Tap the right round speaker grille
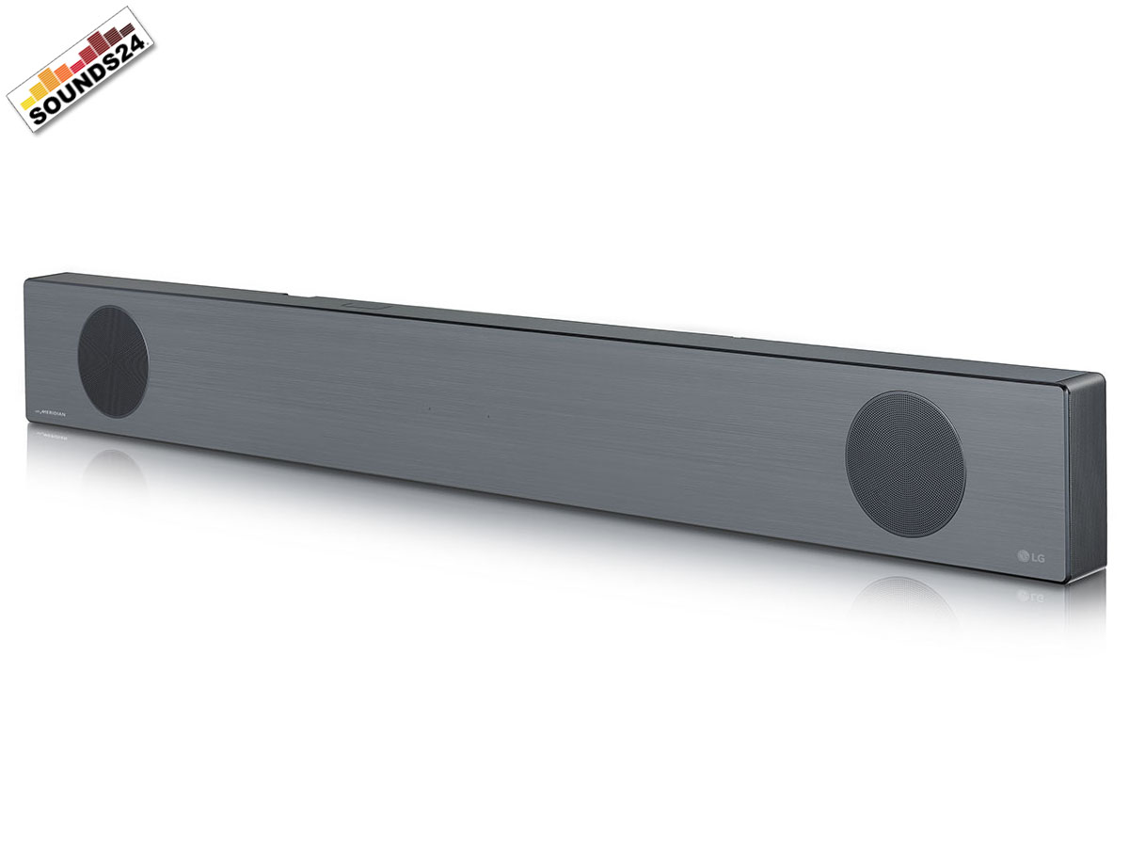[x=905, y=464]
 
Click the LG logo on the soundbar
[x=1032, y=556]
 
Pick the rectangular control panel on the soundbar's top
[x=366, y=304]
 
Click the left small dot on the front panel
[x=428, y=409]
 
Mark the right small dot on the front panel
[x=488, y=416]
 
